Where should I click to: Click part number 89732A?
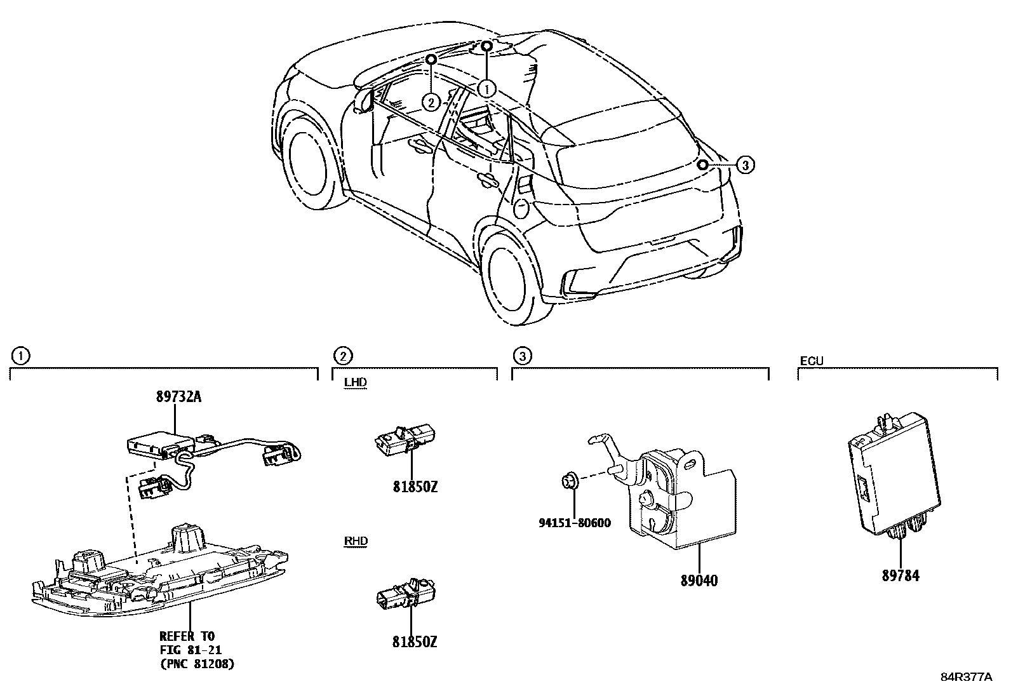pos(178,397)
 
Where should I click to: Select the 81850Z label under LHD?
pos(415,487)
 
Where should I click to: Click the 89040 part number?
pos(699,580)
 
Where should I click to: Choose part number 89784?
pos(900,576)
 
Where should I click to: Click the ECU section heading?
pos(811,361)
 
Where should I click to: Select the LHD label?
pos(355,382)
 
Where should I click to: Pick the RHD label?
pos(355,541)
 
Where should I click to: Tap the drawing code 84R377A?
pos(966,677)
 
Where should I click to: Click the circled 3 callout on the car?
pos(746,165)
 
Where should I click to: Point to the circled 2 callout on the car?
pos(431,102)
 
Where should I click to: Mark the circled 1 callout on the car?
pos(486,89)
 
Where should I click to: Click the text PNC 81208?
pos(196,664)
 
